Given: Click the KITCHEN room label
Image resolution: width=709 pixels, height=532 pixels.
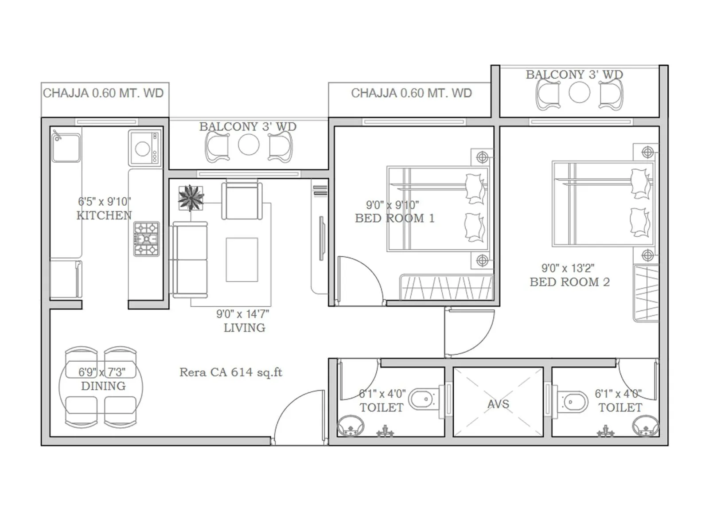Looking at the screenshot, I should point(104,215).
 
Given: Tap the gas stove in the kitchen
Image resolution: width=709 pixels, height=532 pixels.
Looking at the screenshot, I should point(146,239).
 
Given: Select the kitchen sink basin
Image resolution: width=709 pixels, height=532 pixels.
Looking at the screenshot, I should point(66,148).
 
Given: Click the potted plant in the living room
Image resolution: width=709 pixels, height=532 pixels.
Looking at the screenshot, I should point(191,198).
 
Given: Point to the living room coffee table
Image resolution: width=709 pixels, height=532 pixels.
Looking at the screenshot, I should point(242,260).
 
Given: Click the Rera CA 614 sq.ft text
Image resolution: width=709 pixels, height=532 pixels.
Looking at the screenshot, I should point(230,372).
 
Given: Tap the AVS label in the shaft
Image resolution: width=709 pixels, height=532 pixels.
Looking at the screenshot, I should point(498,404).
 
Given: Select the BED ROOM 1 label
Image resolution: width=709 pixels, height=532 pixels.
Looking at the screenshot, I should point(394,218).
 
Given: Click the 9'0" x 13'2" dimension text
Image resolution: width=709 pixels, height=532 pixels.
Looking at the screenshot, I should point(568,268).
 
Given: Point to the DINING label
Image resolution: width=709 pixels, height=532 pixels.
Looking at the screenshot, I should point(103,386).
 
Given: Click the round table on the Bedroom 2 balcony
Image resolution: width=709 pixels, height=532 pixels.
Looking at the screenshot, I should point(579,93).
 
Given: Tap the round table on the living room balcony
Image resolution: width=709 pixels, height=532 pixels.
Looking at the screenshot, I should point(249,145).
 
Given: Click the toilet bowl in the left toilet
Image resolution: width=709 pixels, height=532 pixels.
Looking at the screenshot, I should point(423,399).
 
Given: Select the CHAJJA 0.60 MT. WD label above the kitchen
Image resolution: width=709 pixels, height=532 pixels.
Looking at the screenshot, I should point(103,93).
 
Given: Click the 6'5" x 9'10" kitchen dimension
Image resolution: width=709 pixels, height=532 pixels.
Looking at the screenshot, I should point(105,202).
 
